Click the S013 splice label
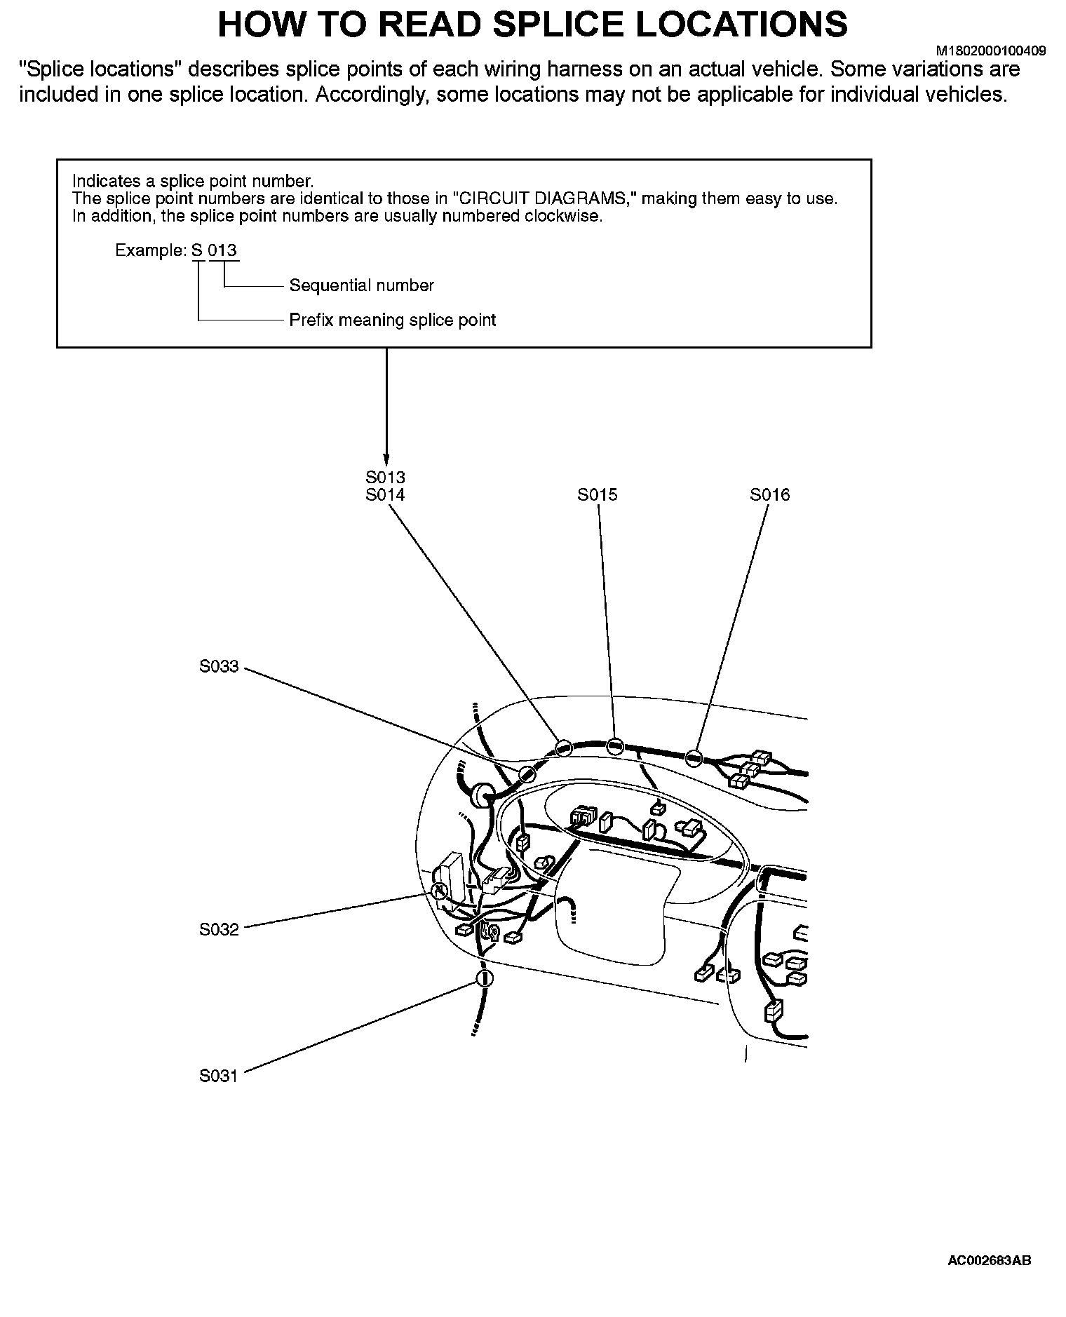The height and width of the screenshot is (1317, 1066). pyautogui.click(x=385, y=478)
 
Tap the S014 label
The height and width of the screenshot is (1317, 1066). pyautogui.click(x=385, y=495)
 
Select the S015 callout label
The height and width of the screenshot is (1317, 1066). pyautogui.click(x=598, y=495)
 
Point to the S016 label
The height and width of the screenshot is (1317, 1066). pyautogui.click(x=769, y=495)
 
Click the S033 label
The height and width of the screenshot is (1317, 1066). pyautogui.click(x=219, y=667)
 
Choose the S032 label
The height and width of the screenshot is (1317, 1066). pyautogui.click(x=219, y=930)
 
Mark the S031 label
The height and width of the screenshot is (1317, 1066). pyautogui.click(x=219, y=1076)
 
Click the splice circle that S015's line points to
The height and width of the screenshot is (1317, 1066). pyautogui.click(x=615, y=745)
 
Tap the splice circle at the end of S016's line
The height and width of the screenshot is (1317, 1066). pyautogui.click(x=694, y=758)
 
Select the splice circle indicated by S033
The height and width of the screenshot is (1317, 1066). pyautogui.click(x=527, y=774)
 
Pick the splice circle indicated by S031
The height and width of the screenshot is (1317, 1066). pyautogui.click(x=484, y=978)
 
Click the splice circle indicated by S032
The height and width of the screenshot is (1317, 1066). pyautogui.click(x=438, y=891)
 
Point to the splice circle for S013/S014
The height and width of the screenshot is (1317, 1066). pyautogui.click(x=563, y=748)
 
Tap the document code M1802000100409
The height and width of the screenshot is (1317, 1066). pyautogui.click(x=991, y=51)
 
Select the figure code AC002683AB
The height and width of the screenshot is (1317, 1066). pyautogui.click(x=989, y=1260)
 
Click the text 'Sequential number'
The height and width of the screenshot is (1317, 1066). pyautogui.click(x=361, y=285)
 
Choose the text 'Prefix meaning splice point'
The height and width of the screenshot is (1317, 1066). pyautogui.click(x=392, y=320)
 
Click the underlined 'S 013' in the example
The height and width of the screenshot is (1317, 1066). pyautogui.click(x=215, y=251)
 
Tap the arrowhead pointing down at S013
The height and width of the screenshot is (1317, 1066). pyautogui.click(x=386, y=454)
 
